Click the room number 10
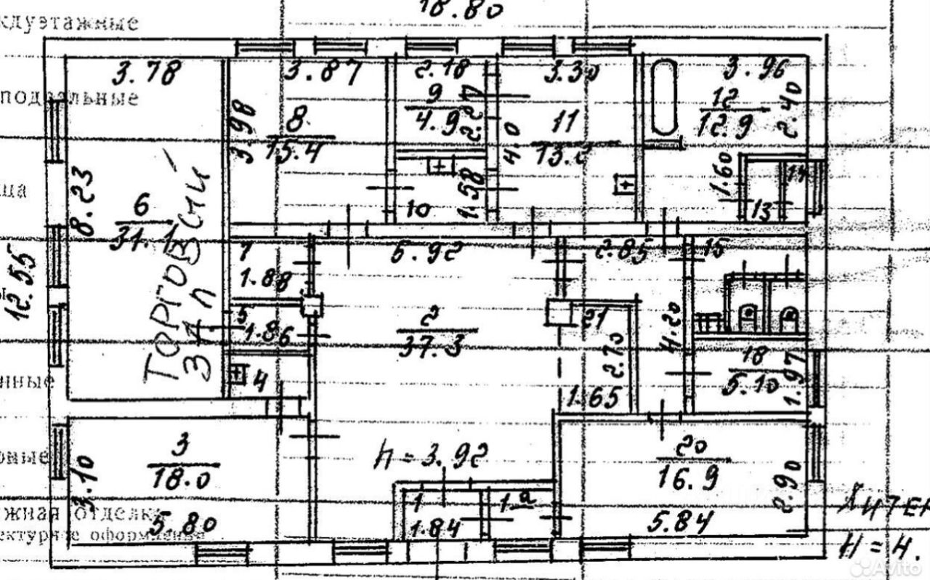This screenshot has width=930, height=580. [x=417, y=211]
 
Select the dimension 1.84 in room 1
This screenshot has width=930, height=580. [x=436, y=529]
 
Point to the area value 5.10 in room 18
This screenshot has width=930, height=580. [x=753, y=387]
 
